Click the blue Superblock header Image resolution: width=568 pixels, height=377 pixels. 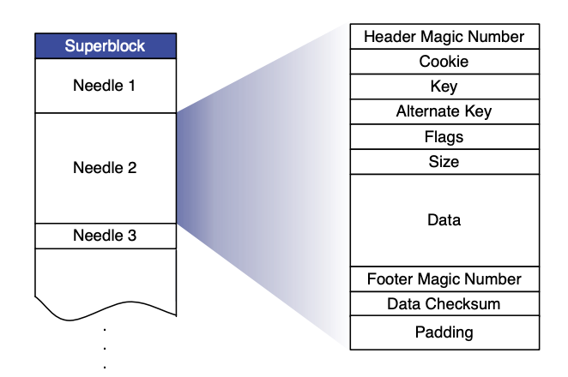click(106, 45)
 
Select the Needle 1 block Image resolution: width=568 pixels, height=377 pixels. click(106, 86)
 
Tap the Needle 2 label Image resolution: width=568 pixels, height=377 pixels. click(106, 168)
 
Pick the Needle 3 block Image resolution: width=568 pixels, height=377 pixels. click(106, 236)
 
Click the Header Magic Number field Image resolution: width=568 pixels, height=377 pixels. click(444, 37)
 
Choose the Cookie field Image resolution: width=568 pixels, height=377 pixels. click(444, 62)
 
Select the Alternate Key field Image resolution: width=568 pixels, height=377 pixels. click(444, 111)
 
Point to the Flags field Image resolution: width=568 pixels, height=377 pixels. click(444, 136)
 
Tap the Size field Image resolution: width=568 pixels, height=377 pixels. click(444, 161)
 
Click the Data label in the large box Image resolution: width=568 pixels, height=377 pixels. click(444, 220)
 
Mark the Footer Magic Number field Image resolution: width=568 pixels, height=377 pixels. click(444, 279)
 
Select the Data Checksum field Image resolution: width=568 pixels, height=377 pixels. click(444, 304)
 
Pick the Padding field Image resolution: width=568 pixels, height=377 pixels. click(444, 332)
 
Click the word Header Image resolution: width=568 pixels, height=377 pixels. click(387, 37)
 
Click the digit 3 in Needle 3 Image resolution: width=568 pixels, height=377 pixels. click(132, 236)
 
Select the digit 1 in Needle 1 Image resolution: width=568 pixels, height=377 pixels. click(132, 86)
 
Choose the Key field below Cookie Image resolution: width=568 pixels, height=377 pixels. click(444, 87)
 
